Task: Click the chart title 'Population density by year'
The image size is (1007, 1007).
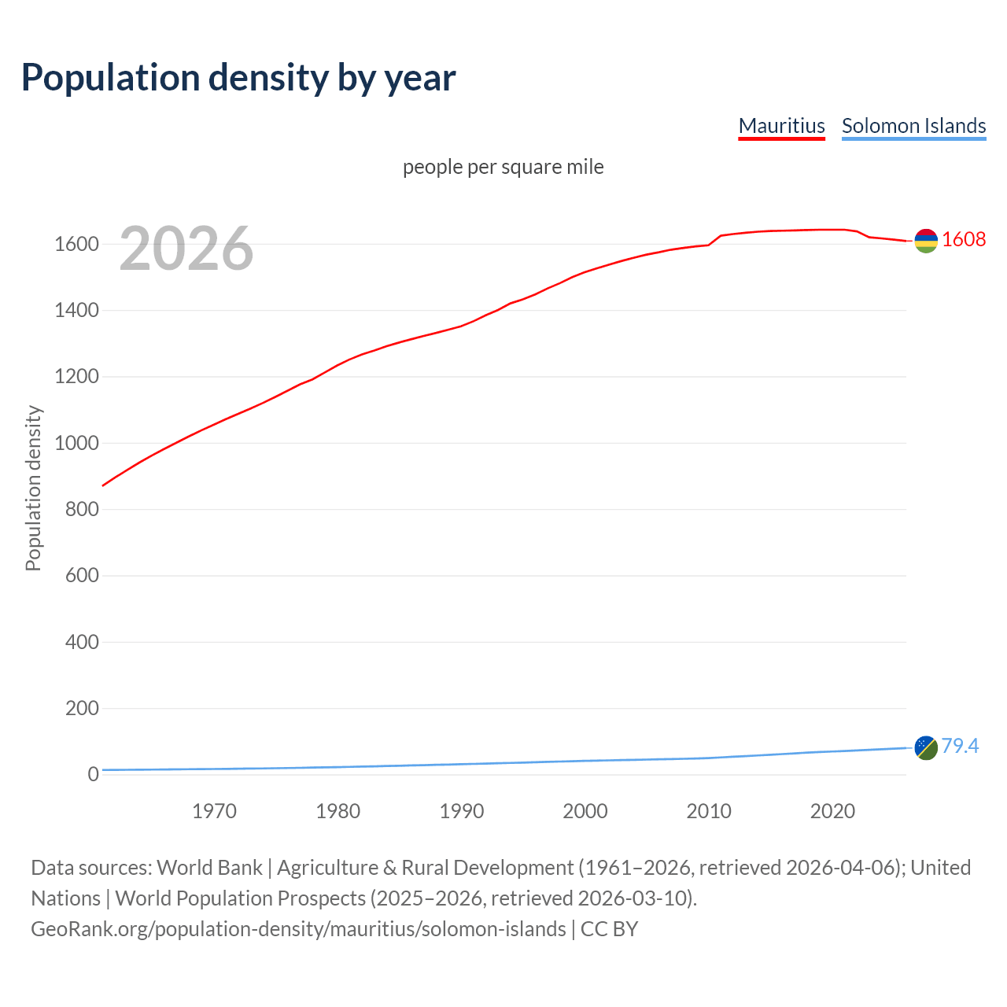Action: pyautogui.click(x=238, y=77)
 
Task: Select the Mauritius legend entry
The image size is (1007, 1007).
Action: pyautogui.click(x=781, y=126)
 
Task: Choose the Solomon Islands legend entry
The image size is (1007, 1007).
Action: pyautogui.click(x=913, y=126)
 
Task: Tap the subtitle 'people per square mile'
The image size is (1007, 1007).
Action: pyautogui.click(x=503, y=167)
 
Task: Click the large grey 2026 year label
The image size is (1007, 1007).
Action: pyautogui.click(x=186, y=249)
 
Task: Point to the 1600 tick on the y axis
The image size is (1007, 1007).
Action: pyautogui.click(x=76, y=245)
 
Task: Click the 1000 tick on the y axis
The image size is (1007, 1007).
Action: pyautogui.click(x=76, y=443)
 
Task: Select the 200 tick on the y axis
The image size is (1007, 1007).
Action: pyautogui.click(x=82, y=708)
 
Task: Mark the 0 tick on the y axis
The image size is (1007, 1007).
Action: pyautogui.click(x=94, y=774)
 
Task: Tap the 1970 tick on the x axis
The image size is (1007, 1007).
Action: pyautogui.click(x=214, y=811)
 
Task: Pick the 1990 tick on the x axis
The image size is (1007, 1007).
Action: pyautogui.click(x=462, y=811)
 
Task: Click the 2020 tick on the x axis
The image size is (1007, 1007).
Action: pyautogui.click(x=832, y=811)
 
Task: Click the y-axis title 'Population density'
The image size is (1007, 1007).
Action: pyautogui.click(x=33, y=488)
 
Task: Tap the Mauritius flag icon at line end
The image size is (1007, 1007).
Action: pyautogui.click(x=926, y=241)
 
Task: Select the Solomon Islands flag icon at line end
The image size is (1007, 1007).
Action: pyautogui.click(x=926, y=747)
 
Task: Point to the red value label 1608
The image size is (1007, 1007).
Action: pyautogui.click(x=964, y=239)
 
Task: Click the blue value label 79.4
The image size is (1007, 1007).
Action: pyautogui.click(x=960, y=746)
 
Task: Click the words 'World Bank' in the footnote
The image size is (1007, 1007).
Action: pyautogui.click(x=209, y=868)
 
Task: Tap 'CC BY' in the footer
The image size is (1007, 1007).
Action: pyautogui.click(x=609, y=929)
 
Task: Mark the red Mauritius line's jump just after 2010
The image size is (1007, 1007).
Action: pyautogui.click(x=715, y=239)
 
